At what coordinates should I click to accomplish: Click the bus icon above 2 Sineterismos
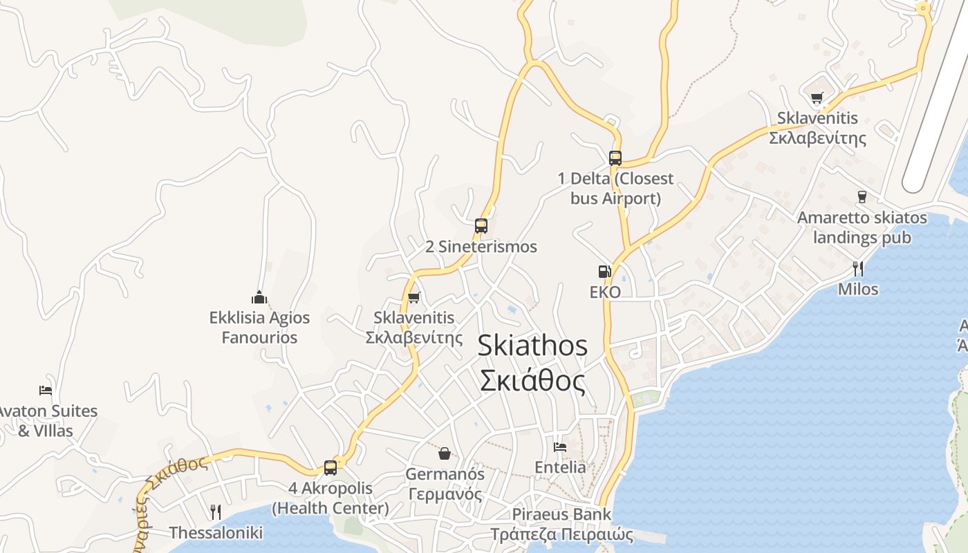click(481, 225)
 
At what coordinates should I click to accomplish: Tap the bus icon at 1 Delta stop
click(615, 158)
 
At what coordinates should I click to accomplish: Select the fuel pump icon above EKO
click(605, 272)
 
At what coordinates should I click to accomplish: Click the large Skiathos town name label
click(532, 363)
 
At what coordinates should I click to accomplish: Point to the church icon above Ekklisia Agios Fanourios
click(259, 297)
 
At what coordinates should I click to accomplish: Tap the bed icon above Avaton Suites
click(46, 390)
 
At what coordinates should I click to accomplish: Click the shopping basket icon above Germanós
click(445, 453)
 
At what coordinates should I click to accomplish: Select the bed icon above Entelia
click(560, 447)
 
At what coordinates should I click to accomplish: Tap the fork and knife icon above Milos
click(858, 268)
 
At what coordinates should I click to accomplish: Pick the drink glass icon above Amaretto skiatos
click(862, 197)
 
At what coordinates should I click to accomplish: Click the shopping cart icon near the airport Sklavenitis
click(817, 97)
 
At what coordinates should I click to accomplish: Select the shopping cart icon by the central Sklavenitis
click(413, 298)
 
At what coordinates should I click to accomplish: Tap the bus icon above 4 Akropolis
click(331, 467)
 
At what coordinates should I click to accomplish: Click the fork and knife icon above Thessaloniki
click(216, 512)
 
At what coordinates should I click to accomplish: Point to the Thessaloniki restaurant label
click(216, 532)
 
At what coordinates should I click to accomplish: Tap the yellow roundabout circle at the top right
click(923, 8)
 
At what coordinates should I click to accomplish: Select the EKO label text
click(605, 292)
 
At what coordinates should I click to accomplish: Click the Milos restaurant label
click(858, 289)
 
